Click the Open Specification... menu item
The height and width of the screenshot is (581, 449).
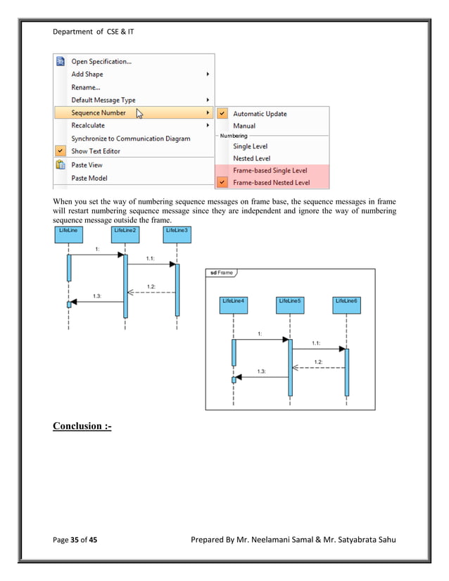click(101, 61)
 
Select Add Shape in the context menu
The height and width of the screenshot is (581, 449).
click(87, 74)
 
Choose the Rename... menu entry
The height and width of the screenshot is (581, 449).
click(86, 87)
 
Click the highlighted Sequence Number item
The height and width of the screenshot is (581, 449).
click(99, 113)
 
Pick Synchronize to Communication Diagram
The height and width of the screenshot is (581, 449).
click(130, 139)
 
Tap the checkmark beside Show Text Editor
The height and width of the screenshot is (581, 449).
click(61, 151)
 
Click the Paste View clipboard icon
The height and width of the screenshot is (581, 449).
click(61, 165)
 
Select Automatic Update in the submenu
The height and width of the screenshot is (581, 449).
click(260, 114)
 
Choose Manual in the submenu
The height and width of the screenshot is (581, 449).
click(244, 126)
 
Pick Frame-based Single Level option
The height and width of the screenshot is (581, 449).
click(270, 171)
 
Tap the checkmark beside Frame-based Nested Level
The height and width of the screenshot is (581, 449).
click(223, 183)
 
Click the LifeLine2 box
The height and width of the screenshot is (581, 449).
click(124, 231)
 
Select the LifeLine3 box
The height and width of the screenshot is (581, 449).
click(176, 231)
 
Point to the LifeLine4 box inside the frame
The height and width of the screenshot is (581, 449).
click(233, 301)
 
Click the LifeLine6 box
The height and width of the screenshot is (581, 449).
click(346, 301)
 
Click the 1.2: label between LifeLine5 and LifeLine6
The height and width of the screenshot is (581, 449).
click(317, 362)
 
